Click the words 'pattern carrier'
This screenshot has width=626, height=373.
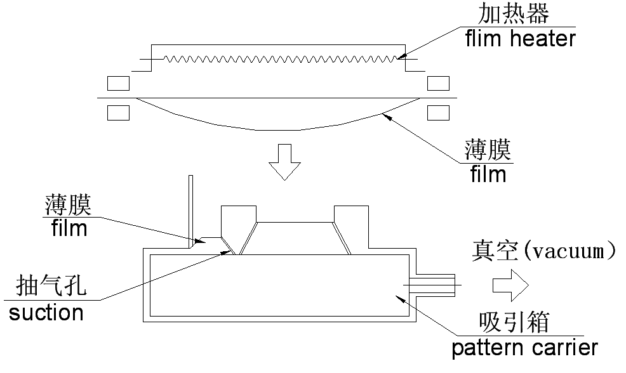[524, 348]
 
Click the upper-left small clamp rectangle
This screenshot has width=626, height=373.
[119, 83]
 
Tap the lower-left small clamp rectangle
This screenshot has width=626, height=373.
[119, 112]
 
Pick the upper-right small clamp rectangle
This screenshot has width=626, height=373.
[439, 83]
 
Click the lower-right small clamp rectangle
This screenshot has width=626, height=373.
[439, 112]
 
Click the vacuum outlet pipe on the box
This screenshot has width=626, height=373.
[434, 285]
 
